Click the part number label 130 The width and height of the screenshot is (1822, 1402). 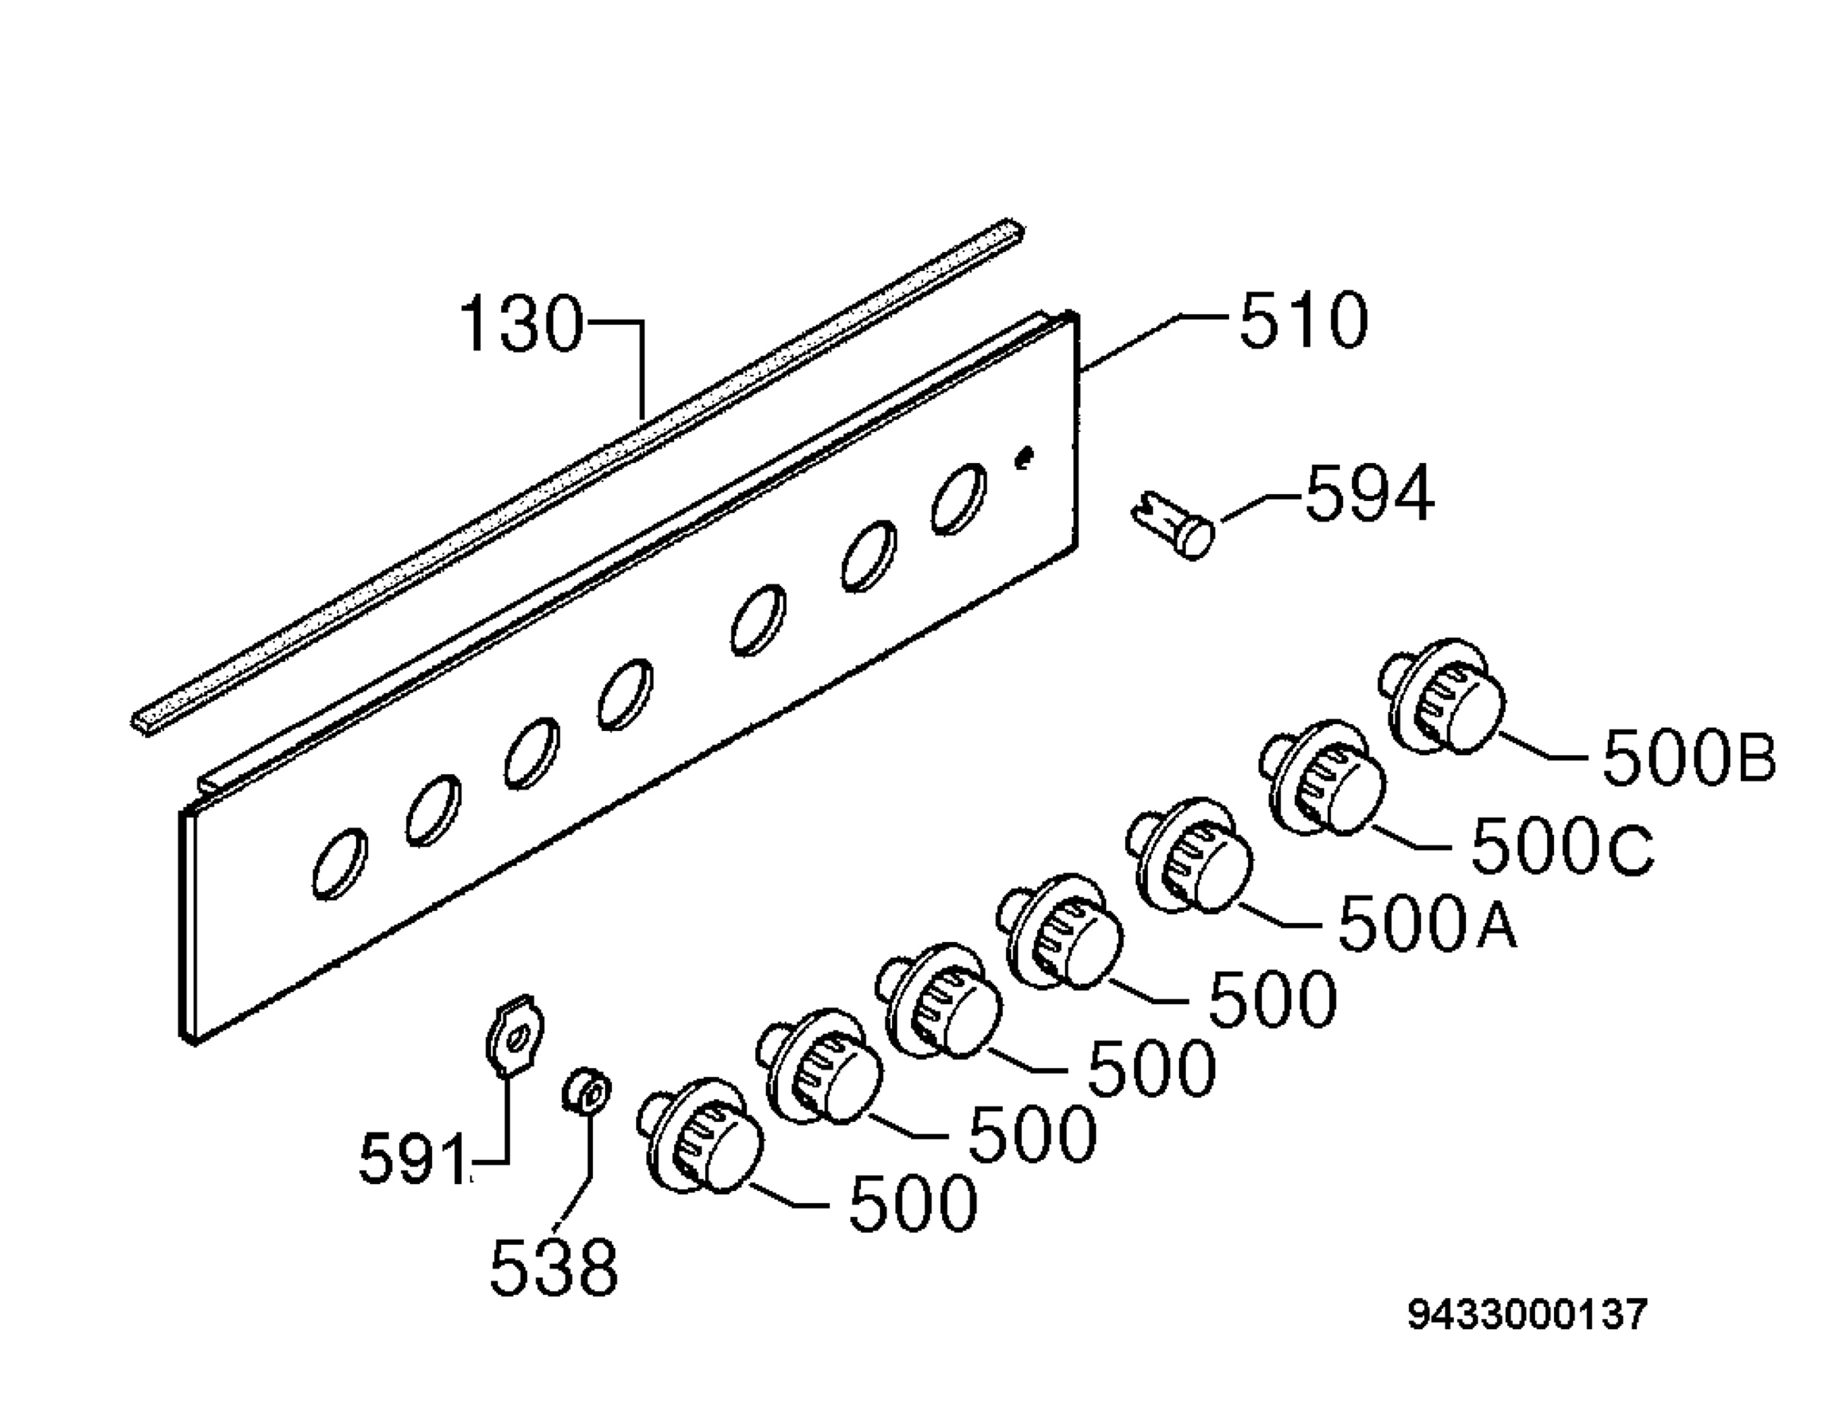521,323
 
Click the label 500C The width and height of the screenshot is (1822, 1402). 1562,846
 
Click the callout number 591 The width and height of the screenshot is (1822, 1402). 412,1159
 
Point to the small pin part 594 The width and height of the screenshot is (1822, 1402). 1173,522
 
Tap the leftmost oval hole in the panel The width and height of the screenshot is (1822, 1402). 339,864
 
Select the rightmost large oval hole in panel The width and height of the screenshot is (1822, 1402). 959,499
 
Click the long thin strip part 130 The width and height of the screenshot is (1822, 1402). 578,476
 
